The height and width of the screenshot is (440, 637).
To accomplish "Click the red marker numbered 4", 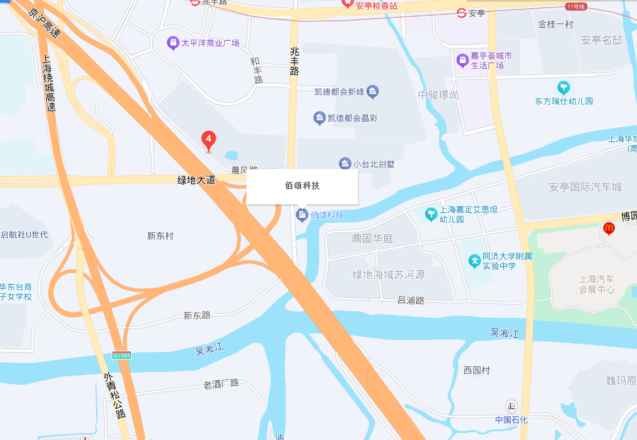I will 209,140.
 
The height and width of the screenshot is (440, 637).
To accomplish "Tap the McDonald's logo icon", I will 609,228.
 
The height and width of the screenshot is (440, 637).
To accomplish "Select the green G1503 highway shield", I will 121,355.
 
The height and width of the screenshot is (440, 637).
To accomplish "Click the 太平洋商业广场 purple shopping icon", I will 173,43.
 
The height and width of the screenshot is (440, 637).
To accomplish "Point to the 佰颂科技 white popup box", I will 302,186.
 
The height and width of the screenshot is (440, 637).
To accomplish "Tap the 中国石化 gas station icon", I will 511,406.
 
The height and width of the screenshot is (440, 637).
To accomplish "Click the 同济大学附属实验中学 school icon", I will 475,261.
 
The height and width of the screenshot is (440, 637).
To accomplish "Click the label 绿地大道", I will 196,180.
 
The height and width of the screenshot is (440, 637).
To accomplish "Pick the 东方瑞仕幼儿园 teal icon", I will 563,88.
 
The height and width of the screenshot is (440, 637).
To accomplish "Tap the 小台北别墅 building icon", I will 345,164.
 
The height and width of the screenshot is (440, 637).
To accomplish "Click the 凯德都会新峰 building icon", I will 373,90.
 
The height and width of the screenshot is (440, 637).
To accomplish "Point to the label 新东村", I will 161,236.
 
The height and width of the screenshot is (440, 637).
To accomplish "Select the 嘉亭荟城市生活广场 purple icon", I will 462,59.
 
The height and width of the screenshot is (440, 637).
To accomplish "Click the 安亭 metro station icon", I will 461,13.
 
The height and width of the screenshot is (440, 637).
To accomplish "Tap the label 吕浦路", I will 411,300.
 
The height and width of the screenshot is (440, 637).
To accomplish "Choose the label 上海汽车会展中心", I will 596,284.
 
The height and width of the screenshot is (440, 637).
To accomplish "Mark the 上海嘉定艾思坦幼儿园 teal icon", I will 431,214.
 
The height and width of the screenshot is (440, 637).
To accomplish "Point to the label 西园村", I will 477,370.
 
